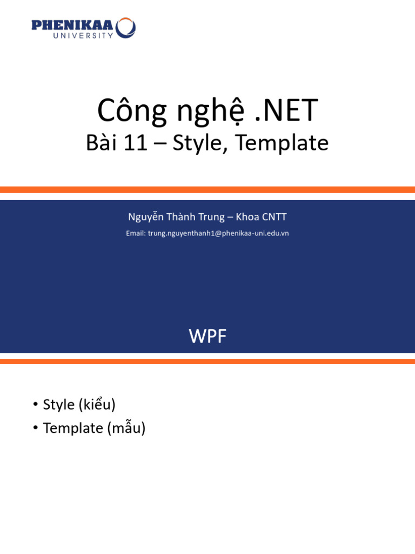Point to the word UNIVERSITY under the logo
83,36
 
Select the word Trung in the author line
206,217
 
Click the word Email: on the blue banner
136,233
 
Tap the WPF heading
207,337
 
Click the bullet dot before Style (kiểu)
35,405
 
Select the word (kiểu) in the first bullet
97,405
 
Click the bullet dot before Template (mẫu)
35,428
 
